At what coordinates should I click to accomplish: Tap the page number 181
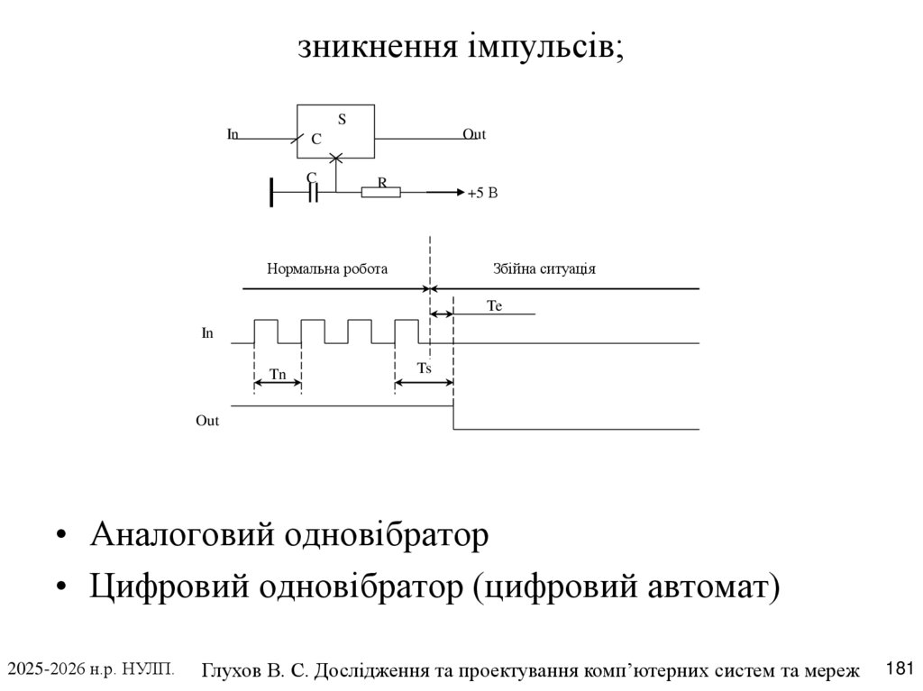pos(900,668)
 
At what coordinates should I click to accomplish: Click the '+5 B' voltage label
pos(483,193)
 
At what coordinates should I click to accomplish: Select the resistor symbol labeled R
pos(380,192)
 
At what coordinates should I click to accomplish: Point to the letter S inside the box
pos(343,119)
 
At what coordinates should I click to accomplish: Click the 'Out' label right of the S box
pos(474,134)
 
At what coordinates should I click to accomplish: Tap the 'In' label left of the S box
pos(233,134)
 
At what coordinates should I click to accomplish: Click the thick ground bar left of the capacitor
pos(271,192)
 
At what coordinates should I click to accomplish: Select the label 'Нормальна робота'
pos(327,268)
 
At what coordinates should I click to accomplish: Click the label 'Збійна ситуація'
pos(544,268)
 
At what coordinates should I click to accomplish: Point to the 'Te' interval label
pos(494,306)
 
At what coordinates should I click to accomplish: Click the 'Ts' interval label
pos(424,368)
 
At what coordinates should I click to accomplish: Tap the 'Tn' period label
pos(278,374)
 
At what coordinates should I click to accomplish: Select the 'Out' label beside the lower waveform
pos(207,421)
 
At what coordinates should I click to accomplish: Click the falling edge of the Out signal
pos(453,417)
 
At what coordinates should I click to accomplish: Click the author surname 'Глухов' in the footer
pos(231,670)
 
